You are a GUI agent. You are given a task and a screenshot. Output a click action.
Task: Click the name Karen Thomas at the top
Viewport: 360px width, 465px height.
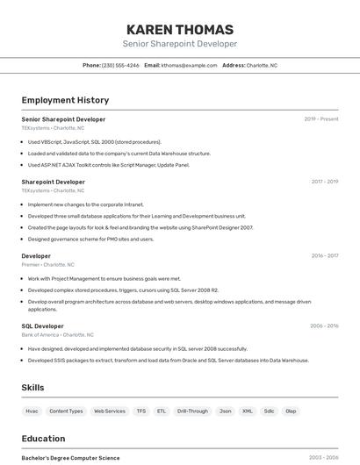[x=180, y=29]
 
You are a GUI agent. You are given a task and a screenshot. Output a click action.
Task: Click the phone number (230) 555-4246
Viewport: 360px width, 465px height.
[x=120, y=65]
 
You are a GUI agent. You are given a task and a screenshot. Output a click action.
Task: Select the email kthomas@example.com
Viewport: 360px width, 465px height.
[x=189, y=65]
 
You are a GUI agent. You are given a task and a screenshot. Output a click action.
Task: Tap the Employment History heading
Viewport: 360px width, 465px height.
[x=65, y=100]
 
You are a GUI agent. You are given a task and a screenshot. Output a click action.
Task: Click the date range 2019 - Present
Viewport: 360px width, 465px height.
[x=321, y=119]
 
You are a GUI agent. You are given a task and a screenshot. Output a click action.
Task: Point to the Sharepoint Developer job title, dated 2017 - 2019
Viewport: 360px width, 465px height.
[x=53, y=182]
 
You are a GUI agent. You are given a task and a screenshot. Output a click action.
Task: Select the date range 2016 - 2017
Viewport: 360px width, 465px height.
[x=324, y=256]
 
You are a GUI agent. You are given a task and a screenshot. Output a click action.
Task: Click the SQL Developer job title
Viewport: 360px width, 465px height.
[x=43, y=325]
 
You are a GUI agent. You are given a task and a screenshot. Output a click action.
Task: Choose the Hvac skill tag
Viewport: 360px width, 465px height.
[x=32, y=411]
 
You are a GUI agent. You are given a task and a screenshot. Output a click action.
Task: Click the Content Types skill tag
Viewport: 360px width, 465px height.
[x=66, y=411]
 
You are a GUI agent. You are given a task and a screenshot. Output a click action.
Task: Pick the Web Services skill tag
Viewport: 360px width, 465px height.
[x=110, y=411]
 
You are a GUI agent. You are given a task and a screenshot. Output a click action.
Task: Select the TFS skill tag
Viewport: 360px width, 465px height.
[x=141, y=411]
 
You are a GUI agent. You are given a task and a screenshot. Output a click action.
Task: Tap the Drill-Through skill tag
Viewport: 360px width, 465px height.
[x=192, y=411]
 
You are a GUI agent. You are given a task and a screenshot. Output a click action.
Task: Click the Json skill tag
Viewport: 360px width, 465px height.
[x=226, y=411]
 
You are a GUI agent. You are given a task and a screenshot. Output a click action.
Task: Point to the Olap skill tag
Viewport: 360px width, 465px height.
[x=291, y=411]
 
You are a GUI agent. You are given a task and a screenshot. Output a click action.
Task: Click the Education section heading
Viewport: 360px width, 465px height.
[x=43, y=439]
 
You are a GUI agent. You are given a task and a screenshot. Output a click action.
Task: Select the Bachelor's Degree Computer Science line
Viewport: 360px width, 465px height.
[x=70, y=458]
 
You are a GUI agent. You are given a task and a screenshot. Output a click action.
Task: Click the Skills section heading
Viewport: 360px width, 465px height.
[x=32, y=388]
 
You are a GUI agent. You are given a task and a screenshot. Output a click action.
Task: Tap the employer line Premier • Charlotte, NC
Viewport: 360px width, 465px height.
[x=47, y=264]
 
